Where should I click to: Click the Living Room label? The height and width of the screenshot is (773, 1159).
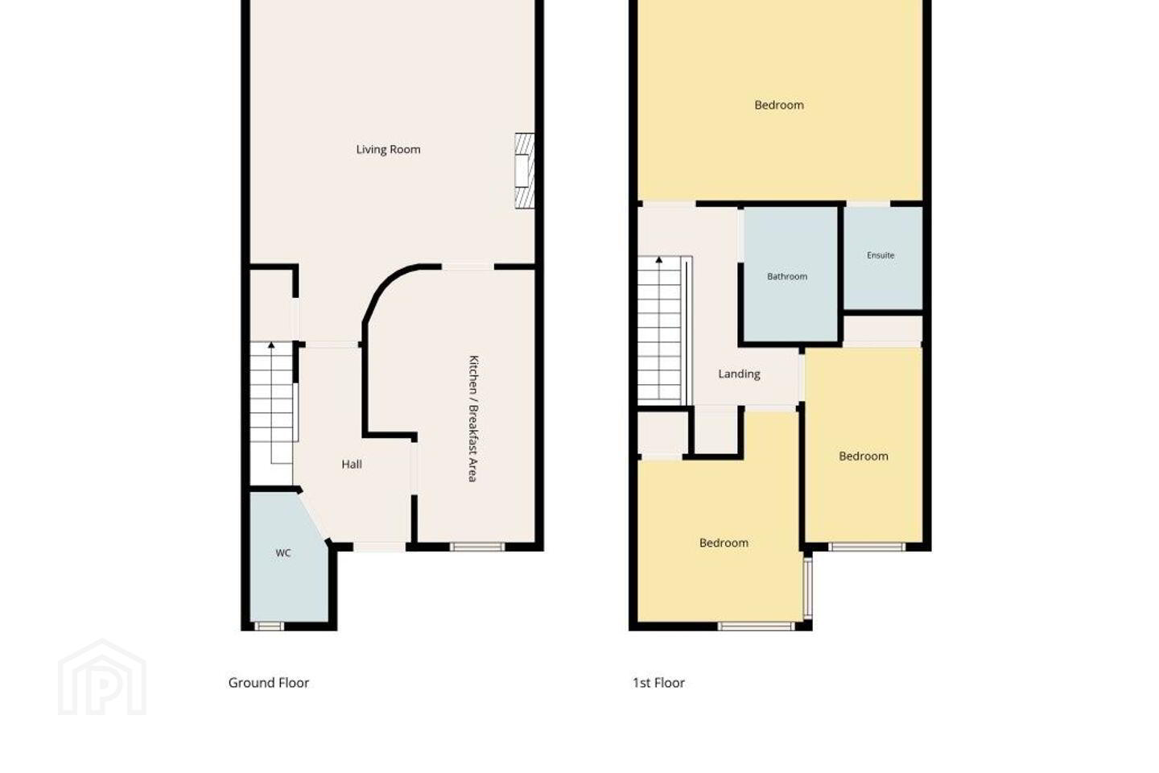coord(388,150)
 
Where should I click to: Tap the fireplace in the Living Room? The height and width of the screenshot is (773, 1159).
coord(524,171)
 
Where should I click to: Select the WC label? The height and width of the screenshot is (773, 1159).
coord(283,553)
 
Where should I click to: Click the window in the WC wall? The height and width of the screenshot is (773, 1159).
coord(269,626)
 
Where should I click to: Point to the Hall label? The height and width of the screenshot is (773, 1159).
coord(352,465)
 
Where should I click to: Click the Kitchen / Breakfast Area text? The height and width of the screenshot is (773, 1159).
coord(473,419)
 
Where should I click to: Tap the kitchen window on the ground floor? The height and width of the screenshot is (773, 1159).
coord(477,547)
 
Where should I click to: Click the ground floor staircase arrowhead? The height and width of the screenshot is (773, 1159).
coord(271,345)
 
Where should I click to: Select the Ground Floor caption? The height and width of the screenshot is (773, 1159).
coord(269,683)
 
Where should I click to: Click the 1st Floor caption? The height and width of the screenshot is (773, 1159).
coord(658,683)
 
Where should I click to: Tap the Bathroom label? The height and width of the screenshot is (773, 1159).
coord(787,276)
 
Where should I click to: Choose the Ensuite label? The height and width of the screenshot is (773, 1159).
coord(881,255)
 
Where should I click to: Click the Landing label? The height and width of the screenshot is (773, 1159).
coord(740,374)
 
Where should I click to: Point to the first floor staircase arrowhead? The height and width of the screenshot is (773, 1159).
coord(659,259)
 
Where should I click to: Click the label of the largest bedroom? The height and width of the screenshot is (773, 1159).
coord(779,105)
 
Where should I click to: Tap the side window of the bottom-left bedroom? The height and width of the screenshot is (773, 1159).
coord(808,588)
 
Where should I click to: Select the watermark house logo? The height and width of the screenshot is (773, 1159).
coord(102,677)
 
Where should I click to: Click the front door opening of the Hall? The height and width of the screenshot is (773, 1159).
coord(379,547)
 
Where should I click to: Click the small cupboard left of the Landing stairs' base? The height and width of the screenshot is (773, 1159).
coord(662,434)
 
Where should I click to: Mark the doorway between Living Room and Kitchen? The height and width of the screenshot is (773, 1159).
coord(468,267)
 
